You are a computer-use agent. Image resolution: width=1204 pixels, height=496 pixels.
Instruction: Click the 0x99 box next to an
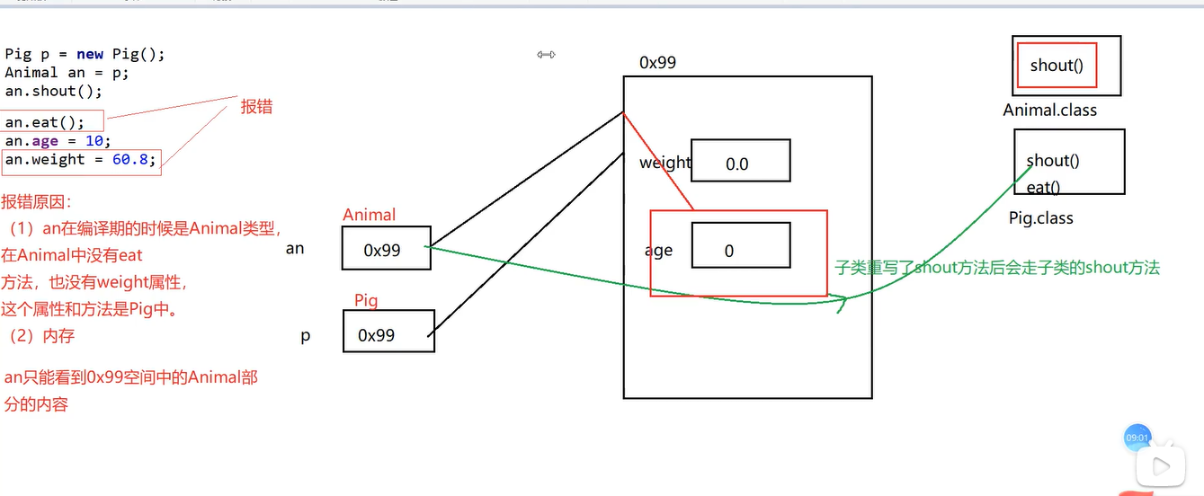coord(386,249)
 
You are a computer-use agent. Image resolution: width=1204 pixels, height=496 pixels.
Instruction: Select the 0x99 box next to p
coord(388,332)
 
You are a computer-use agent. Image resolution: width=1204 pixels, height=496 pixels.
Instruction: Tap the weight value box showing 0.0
coord(740,162)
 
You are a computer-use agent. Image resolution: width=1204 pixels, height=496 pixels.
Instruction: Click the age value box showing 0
coord(740,245)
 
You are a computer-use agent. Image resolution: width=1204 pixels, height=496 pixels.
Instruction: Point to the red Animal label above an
coord(369,215)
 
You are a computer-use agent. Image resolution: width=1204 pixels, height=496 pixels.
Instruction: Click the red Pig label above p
coord(366,300)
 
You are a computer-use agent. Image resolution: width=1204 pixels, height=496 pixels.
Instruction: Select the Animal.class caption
coord(1049,111)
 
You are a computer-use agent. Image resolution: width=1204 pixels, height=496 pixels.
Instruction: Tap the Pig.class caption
coord(1040,218)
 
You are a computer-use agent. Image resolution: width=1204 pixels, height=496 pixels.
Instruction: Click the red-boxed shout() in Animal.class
coord(1056,66)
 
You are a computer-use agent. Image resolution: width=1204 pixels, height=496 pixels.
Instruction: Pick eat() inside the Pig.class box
coord(1043,188)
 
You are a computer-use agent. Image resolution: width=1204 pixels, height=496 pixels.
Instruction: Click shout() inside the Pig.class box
coord(1053,161)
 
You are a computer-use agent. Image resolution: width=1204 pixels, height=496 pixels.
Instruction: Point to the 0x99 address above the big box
coord(657,63)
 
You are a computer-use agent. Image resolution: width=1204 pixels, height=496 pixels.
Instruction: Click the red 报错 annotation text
coord(256,107)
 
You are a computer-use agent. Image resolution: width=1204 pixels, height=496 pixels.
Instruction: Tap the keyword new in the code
coord(90,54)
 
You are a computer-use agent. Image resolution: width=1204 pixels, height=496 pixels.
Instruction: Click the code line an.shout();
coord(53,91)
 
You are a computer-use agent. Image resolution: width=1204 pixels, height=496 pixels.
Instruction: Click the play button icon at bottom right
coord(1160,465)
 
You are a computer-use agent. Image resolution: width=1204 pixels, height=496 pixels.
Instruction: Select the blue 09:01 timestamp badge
coord(1137,438)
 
